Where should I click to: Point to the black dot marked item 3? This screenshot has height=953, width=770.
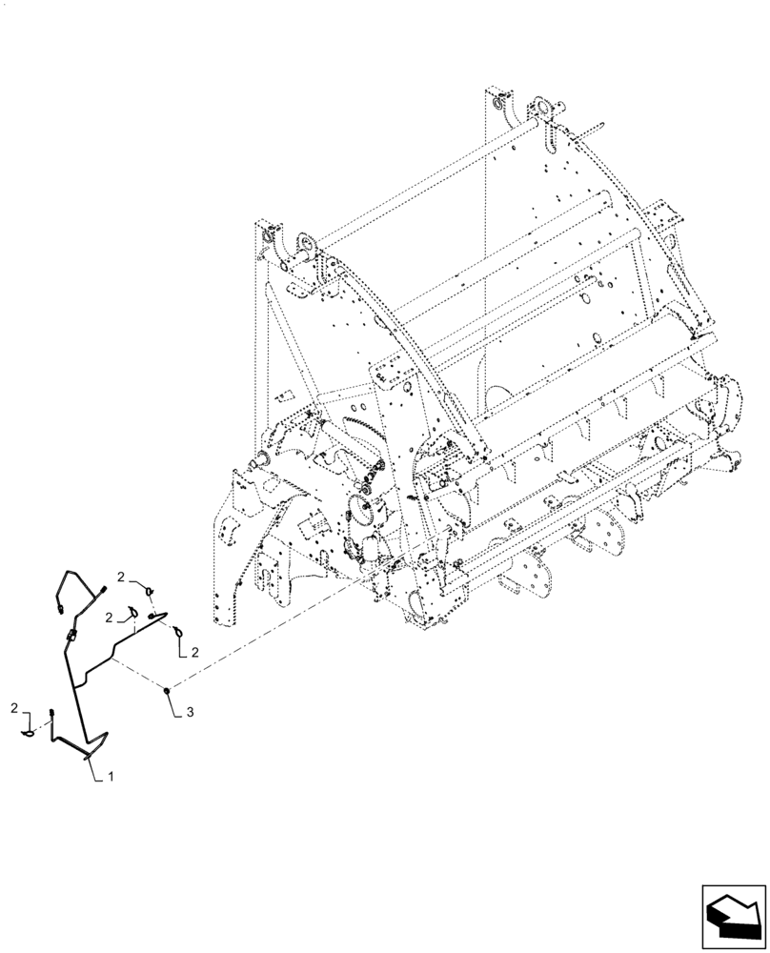pyautogui.click(x=166, y=688)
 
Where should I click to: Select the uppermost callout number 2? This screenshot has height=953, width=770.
pyautogui.click(x=122, y=578)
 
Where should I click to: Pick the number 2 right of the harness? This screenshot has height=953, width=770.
pyautogui.click(x=194, y=652)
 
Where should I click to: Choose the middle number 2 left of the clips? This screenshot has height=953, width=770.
pyautogui.click(x=110, y=617)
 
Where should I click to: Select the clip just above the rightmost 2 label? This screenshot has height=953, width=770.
pyautogui.click(x=177, y=631)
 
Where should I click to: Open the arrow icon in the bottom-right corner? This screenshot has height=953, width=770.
pyautogui.click(x=735, y=913)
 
